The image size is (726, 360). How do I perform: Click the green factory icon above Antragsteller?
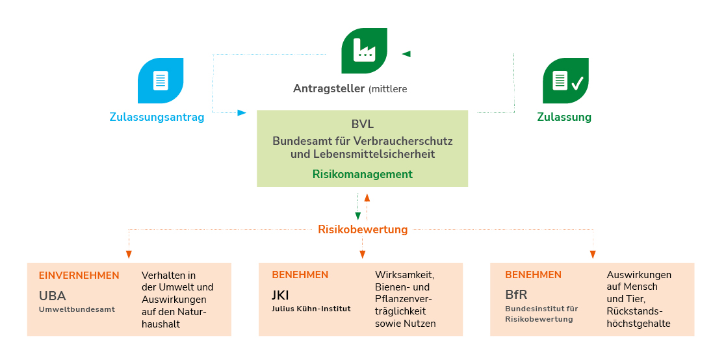(364, 51)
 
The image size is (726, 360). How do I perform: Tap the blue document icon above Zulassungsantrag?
(161, 81)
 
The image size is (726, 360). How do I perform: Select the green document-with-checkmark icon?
(565, 81)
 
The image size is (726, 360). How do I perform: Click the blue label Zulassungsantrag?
(157, 118)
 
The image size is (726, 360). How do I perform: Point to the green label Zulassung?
(564, 118)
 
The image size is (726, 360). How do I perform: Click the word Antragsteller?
(328, 88)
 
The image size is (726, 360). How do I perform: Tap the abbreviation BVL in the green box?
(362, 124)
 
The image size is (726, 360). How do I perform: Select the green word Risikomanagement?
(362, 174)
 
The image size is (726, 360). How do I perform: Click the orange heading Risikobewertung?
(363, 229)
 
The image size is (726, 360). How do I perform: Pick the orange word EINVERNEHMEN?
(79, 275)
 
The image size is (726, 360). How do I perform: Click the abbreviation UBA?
(53, 296)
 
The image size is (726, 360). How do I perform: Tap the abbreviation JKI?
(280, 296)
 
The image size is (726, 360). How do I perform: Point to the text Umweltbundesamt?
(77, 309)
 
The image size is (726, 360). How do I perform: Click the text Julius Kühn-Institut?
(311, 309)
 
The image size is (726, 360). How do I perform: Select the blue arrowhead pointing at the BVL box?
(242, 112)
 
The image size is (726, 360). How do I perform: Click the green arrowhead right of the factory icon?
(406, 54)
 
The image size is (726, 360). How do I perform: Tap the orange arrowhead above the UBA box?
(129, 253)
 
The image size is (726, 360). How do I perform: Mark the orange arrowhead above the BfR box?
(592, 253)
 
